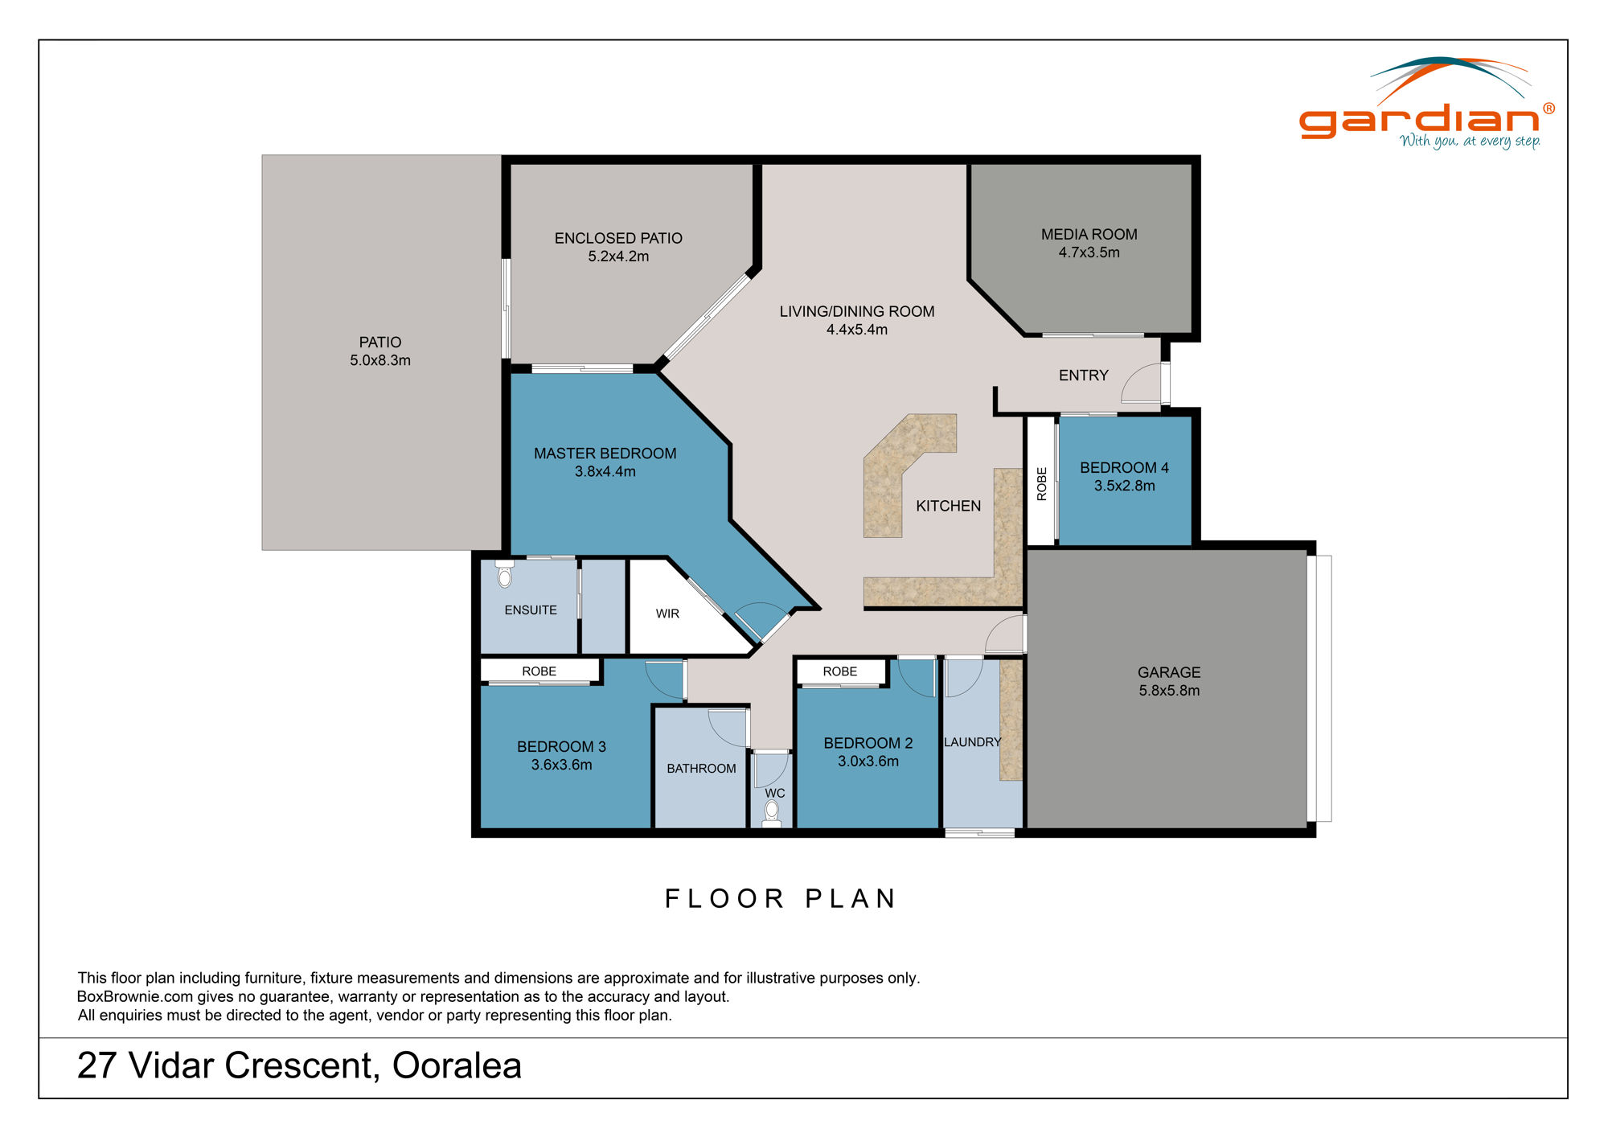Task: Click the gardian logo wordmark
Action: coord(1419,121)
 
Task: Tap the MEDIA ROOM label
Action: coord(1089,234)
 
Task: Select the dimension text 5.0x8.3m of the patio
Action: coord(379,360)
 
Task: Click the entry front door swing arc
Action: coord(1140,384)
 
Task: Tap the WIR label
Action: coord(667,614)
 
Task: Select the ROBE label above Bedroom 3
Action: coord(539,671)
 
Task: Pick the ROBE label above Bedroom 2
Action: coord(839,671)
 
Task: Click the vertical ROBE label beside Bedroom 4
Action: coord(1042,484)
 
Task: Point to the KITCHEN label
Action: coord(948,506)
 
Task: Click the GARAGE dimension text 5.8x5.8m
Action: coord(1169,691)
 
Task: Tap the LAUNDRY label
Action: coord(972,742)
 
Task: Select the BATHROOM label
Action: coord(701,769)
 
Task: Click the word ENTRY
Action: coord(1083,376)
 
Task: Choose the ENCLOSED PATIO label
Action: coord(618,238)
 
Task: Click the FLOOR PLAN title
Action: coord(780,898)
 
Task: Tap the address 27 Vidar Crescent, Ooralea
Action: coord(299,1066)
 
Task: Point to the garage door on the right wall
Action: coord(1319,688)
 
